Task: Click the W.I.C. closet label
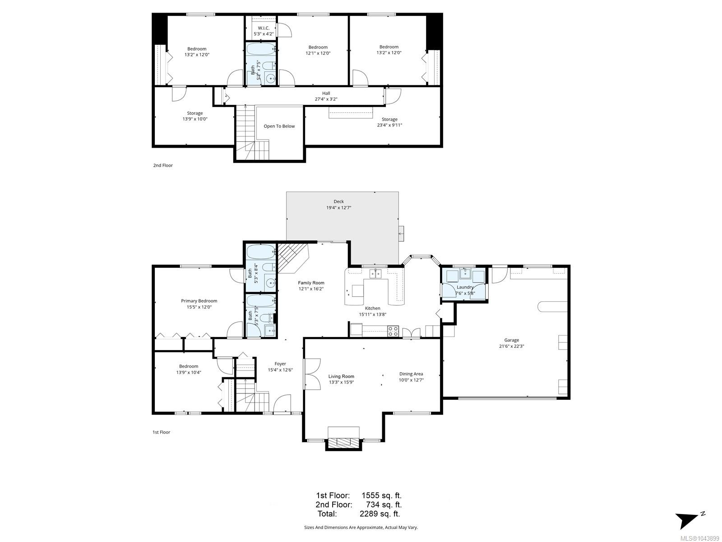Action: click(264, 28)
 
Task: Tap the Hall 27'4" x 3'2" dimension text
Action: click(326, 99)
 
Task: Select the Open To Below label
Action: click(279, 126)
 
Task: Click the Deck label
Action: click(338, 201)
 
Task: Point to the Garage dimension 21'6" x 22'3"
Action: click(511, 346)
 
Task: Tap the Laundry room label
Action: click(465, 287)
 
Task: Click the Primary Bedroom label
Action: click(199, 301)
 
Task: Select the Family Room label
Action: click(311, 283)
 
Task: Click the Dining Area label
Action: click(411, 374)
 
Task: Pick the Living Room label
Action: click(341, 376)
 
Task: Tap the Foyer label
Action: click(280, 364)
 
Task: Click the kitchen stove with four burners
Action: click(393, 331)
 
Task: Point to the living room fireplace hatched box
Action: click(343, 443)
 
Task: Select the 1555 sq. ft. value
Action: click(382, 495)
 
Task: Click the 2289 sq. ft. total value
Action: click(380, 514)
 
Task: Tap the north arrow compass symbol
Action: click(689, 519)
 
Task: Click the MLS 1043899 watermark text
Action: click(699, 538)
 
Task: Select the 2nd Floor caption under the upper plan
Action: click(163, 165)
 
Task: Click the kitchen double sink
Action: click(375, 273)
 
